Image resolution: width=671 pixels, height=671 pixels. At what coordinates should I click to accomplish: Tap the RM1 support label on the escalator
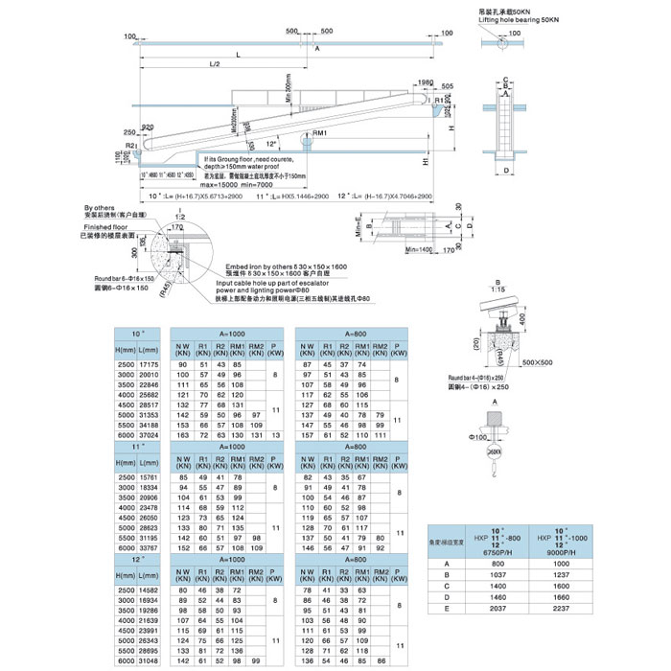(x=320, y=132)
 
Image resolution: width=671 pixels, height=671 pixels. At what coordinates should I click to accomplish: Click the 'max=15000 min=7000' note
(x=240, y=184)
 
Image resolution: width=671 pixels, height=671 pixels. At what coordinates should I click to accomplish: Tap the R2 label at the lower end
(x=129, y=145)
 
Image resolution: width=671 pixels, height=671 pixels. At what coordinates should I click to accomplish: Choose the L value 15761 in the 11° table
(x=148, y=476)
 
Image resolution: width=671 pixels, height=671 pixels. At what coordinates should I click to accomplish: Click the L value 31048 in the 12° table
(x=148, y=661)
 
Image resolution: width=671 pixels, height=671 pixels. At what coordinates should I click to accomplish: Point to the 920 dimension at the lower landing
(x=149, y=127)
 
